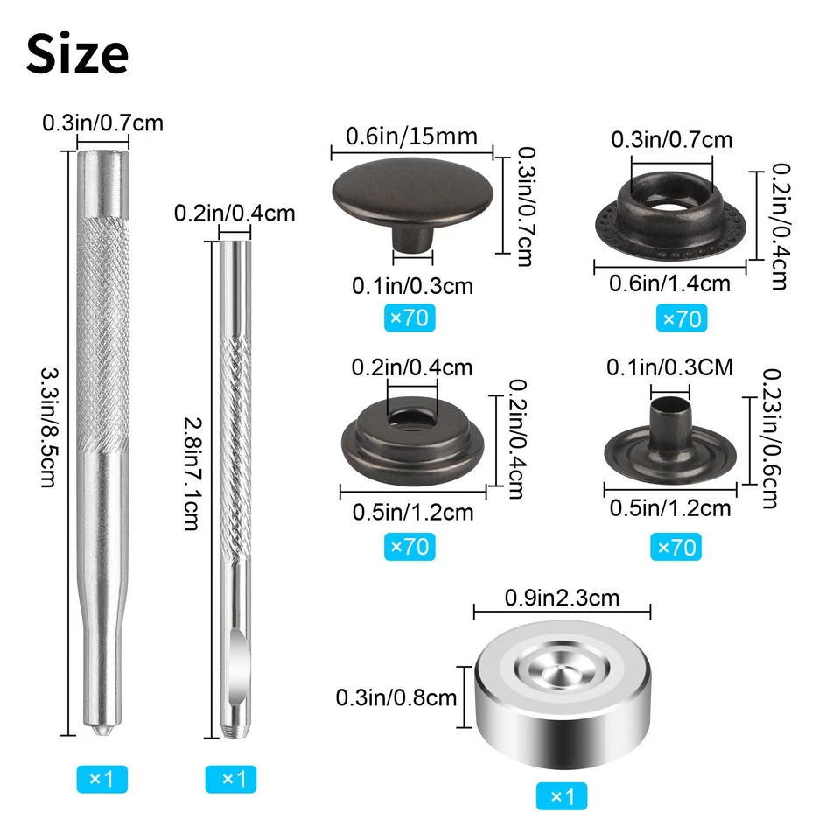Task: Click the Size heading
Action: (x=78, y=54)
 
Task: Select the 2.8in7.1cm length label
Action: (x=191, y=469)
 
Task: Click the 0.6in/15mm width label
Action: (x=412, y=136)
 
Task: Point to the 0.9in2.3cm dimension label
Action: (x=562, y=598)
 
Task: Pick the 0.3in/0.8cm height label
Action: (x=396, y=697)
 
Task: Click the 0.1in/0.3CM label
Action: (x=669, y=368)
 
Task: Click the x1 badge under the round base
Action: (x=562, y=796)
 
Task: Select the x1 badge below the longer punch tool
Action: (x=101, y=776)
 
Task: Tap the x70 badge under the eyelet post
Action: (x=675, y=548)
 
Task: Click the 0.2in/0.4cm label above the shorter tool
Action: (x=234, y=213)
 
